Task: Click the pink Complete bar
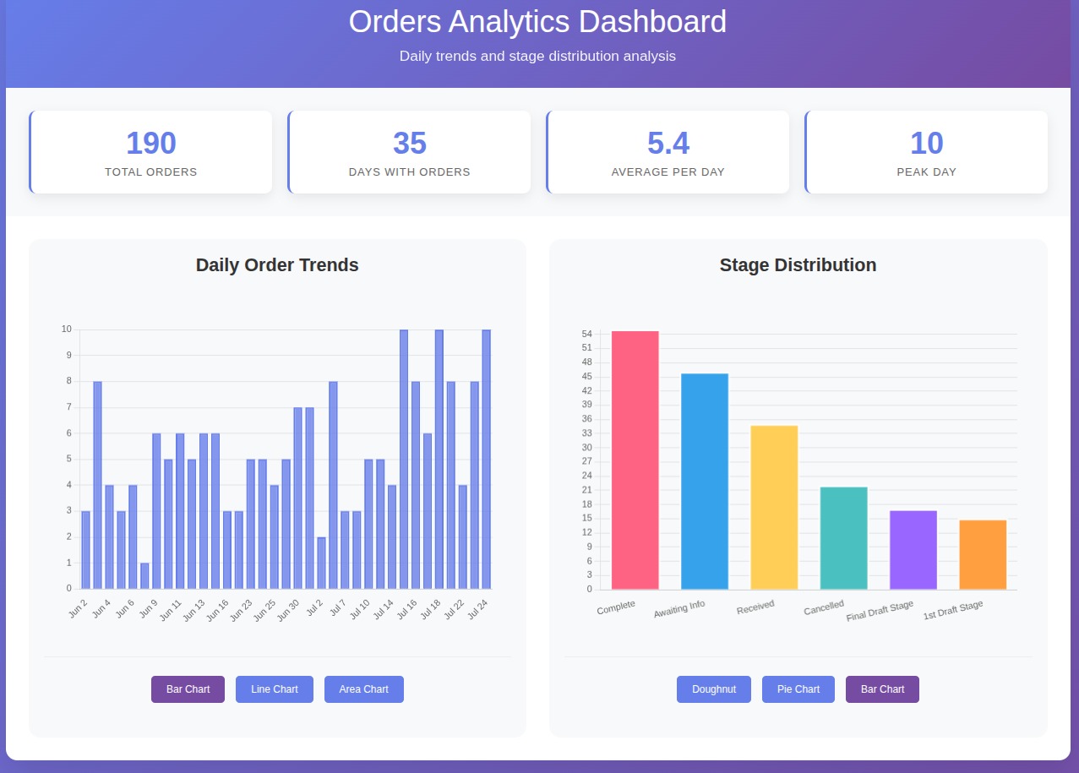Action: tap(635, 460)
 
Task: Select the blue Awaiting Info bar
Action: tap(705, 482)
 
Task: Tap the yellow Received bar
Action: tap(774, 508)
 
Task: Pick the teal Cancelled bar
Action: tap(843, 538)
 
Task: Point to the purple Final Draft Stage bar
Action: tap(913, 550)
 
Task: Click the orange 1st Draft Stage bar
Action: tap(983, 555)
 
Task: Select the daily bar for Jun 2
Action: tap(85, 550)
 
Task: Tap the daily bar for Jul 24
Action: tap(486, 460)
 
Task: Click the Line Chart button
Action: tap(275, 689)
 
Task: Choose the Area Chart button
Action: tap(364, 689)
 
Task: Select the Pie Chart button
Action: tap(798, 689)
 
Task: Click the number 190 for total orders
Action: tap(151, 144)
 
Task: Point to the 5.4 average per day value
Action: tap(668, 144)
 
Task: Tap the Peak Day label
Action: tap(926, 172)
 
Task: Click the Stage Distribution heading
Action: tap(798, 265)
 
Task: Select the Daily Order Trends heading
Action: tap(277, 265)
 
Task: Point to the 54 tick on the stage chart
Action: tap(586, 335)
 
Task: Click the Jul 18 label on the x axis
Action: tap(431, 609)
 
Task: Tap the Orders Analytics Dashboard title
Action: tap(537, 22)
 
